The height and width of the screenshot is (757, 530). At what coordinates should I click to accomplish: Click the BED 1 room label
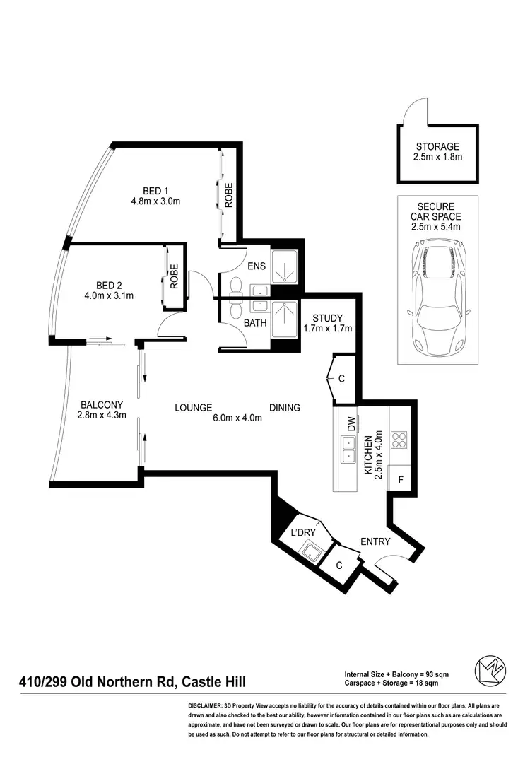point(155,190)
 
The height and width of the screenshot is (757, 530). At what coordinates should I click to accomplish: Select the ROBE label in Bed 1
point(228,196)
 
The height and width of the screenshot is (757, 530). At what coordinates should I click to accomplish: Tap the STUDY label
point(327,317)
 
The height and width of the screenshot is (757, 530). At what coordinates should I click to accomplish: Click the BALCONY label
point(102,404)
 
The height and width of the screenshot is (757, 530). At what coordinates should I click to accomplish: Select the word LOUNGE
point(194,408)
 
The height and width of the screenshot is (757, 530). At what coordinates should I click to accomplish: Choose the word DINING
point(285,408)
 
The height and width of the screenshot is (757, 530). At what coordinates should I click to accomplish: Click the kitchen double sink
point(349,449)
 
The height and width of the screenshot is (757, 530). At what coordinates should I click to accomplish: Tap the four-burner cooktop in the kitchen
point(399,440)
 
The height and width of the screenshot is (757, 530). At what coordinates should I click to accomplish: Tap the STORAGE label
point(437,146)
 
